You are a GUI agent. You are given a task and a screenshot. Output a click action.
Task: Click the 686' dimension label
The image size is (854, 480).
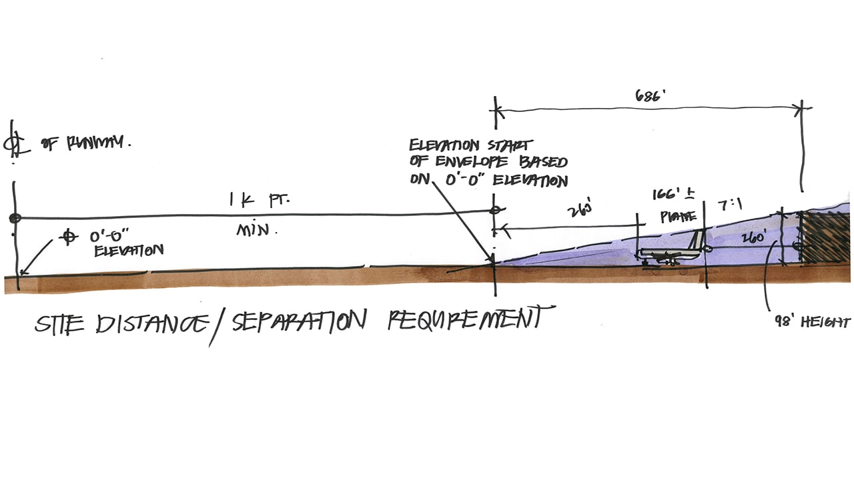coord(651,95)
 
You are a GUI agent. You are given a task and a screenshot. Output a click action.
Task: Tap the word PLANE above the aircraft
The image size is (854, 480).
coord(678,216)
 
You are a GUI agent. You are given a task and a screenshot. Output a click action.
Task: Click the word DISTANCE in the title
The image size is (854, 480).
coord(151,325)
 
